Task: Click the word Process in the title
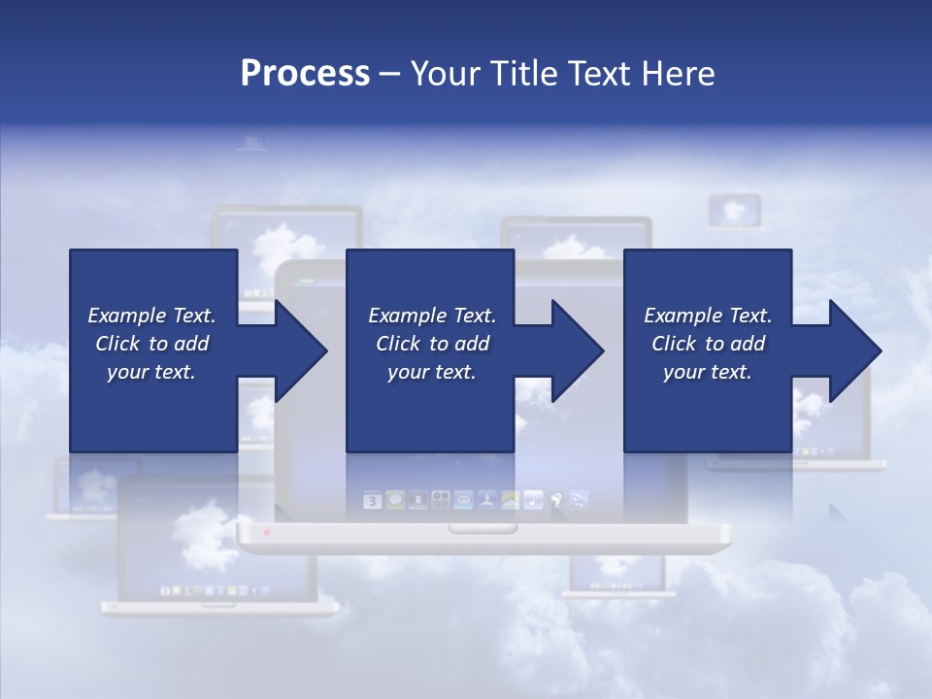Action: [305, 74]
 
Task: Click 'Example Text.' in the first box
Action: [151, 316]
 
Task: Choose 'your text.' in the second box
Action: [431, 372]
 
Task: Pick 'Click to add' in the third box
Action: [708, 344]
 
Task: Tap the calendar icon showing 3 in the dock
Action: [373, 501]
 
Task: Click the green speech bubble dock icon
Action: [395, 500]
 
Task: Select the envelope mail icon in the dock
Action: [463, 500]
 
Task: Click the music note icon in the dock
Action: [533, 500]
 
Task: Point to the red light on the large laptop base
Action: [267, 533]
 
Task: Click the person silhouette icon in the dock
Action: [486, 500]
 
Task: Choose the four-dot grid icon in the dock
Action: [440, 500]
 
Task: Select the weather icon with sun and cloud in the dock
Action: [510, 500]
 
